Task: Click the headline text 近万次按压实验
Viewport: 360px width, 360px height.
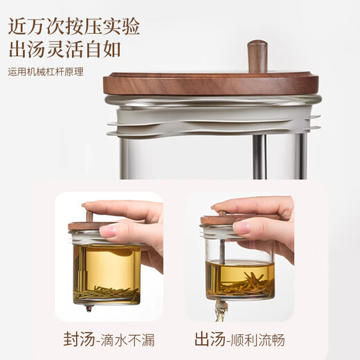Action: (74, 26)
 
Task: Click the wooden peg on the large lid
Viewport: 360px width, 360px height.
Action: (257, 55)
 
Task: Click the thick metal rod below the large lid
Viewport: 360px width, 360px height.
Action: (258, 156)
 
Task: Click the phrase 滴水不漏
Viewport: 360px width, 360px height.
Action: (128, 340)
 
